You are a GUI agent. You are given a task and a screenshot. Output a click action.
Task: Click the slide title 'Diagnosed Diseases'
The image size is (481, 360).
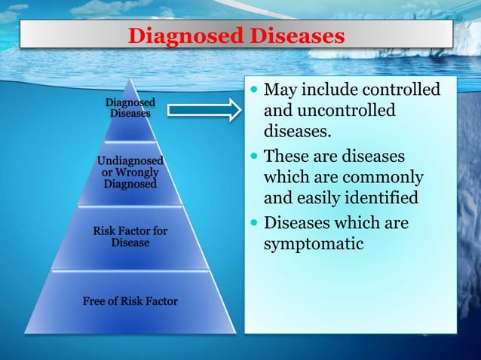(x=236, y=35)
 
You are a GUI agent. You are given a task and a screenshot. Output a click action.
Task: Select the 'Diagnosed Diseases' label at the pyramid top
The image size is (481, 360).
(x=130, y=108)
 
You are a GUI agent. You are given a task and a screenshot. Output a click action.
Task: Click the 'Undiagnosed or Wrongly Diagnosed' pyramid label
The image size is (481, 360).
(x=130, y=172)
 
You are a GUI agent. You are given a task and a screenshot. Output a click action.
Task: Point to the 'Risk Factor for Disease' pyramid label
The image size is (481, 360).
(x=130, y=236)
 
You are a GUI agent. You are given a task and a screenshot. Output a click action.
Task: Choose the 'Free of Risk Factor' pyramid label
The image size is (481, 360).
(x=130, y=301)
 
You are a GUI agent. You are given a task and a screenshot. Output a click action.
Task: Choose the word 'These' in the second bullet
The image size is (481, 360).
(x=289, y=157)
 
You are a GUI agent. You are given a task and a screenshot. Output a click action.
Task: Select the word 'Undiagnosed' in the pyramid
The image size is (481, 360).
(x=130, y=160)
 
